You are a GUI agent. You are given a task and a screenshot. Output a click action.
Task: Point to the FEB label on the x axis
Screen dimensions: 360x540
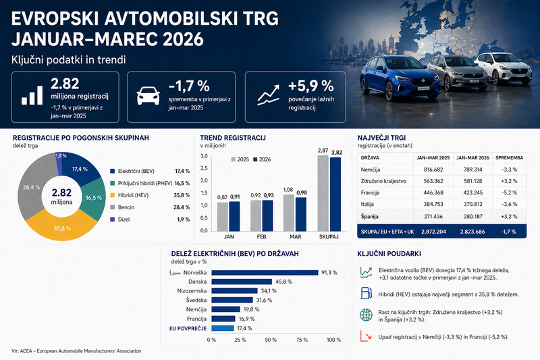point(261,237)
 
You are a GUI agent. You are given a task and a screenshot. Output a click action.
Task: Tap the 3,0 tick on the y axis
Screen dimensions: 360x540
point(204,156)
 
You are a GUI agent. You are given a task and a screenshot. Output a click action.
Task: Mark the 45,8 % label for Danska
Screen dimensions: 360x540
point(282,282)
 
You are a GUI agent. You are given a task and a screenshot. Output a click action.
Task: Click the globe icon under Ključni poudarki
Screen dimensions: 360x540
point(367,314)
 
